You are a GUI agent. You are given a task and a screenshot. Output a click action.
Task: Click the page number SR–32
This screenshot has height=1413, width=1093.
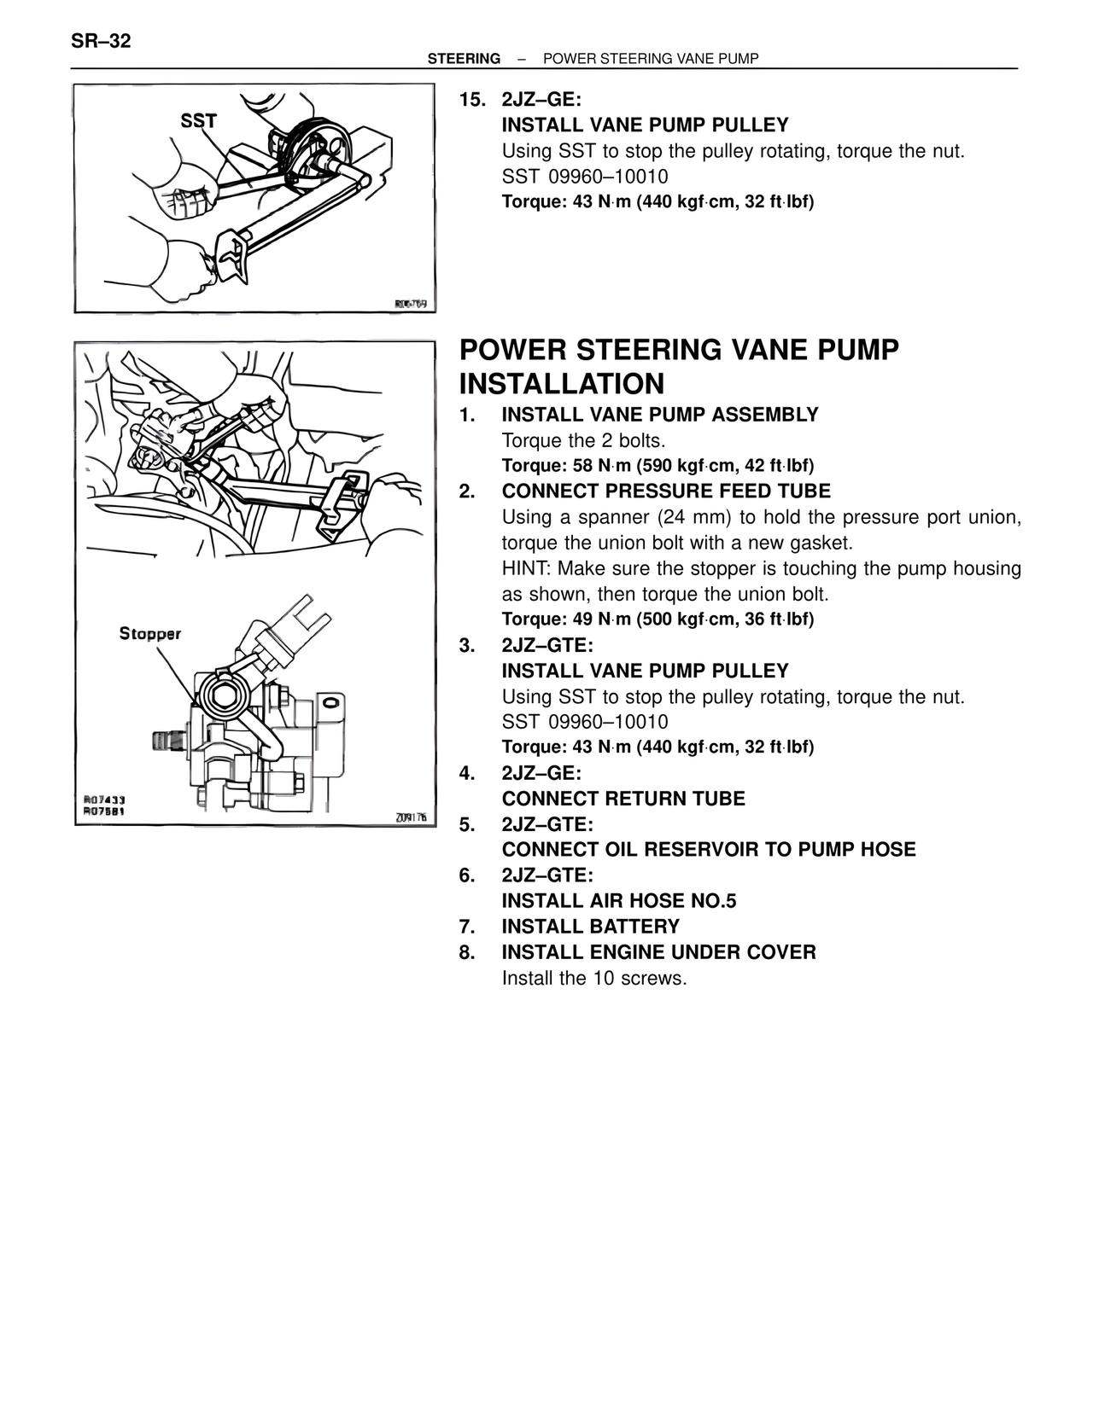pos(101,41)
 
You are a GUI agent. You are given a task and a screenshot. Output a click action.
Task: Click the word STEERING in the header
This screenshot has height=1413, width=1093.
pos(464,59)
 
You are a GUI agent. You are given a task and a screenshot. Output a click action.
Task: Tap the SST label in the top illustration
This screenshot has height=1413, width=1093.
pos(198,121)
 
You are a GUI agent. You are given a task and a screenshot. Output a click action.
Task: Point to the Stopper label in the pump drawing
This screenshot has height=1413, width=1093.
pos(149,634)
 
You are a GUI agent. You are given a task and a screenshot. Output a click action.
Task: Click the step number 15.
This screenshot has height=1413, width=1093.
pos(472,100)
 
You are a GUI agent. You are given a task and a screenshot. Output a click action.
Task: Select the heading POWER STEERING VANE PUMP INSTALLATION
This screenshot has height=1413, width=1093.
pos(679,367)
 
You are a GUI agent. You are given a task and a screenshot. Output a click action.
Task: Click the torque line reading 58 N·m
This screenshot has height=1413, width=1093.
pos(658,466)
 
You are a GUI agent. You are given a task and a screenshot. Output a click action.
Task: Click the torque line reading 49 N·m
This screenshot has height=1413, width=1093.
pos(658,619)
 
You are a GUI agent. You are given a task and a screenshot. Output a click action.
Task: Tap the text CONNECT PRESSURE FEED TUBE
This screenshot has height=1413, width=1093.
pos(666,491)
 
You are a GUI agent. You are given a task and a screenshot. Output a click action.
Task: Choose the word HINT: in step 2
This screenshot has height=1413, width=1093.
pos(527,568)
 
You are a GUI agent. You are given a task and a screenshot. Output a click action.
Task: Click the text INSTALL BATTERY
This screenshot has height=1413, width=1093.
pos(590,927)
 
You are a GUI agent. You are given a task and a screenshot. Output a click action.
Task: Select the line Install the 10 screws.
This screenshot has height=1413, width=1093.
pos(594,978)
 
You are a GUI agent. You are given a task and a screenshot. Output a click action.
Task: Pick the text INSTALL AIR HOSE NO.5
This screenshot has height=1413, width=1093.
pos(619,901)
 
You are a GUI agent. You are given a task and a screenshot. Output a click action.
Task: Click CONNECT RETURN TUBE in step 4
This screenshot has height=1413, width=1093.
pos(623,799)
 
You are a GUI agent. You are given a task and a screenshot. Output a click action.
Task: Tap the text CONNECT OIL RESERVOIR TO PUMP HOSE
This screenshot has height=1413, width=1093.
pos(709,850)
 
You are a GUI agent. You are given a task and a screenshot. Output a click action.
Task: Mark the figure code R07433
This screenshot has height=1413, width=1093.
pos(105,800)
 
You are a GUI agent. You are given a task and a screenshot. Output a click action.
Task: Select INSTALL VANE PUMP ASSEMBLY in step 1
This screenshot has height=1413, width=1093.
pos(660,415)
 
